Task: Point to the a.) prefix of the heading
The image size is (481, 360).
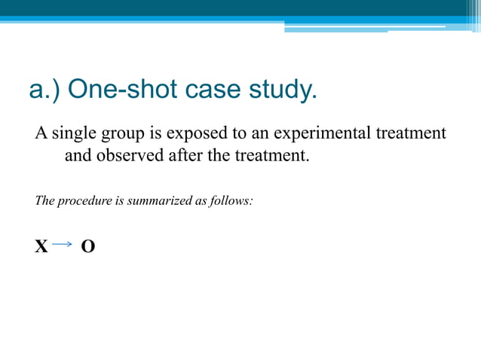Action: coord(44,91)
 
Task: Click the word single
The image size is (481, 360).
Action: coord(76,134)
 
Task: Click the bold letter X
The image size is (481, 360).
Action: coord(41,246)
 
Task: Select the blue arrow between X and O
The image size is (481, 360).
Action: coord(63,244)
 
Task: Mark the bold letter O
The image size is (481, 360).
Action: coord(88,246)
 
